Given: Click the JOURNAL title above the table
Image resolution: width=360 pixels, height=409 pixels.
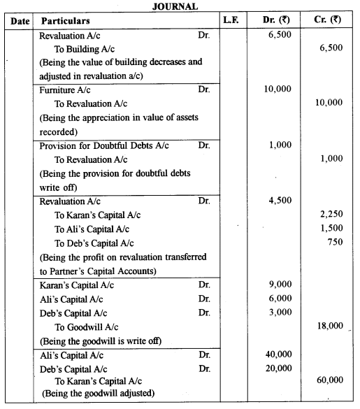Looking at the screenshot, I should pos(179,6).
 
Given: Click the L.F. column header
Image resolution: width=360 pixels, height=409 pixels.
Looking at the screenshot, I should pos(231,20).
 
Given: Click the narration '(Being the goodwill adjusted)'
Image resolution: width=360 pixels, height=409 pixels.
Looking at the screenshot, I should pos(93,394).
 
